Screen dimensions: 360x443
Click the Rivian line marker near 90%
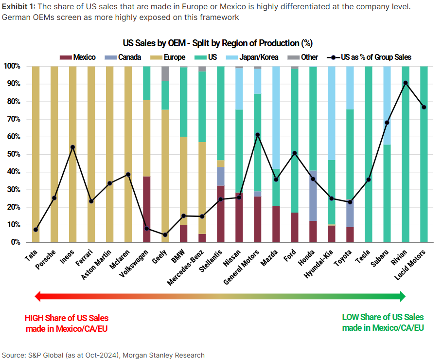coord(406,83)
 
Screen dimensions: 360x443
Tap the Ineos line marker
coord(72,147)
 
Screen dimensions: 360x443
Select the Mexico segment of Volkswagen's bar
coord(146,209)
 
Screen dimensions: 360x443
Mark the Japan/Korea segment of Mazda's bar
coord(276,117)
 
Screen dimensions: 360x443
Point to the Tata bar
coord(35,146)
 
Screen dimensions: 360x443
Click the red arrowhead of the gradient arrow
coord(37,296)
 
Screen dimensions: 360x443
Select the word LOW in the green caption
coord(351,317)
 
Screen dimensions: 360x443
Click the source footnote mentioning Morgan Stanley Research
coord(103,355)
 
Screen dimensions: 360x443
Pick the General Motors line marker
coord(257,135)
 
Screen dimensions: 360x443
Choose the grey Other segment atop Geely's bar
coord(165,73)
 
